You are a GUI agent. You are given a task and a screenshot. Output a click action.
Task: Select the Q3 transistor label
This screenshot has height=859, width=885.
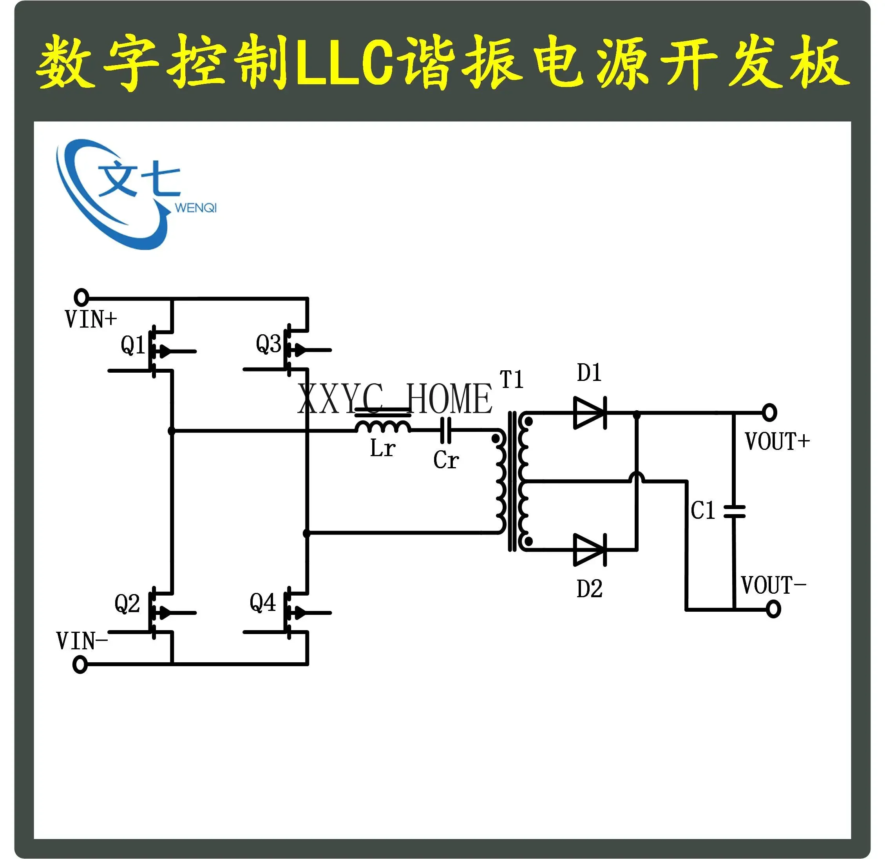click(x=268, y=344)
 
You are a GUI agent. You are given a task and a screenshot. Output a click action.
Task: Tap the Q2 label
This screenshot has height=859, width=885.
click(x=127, y=604)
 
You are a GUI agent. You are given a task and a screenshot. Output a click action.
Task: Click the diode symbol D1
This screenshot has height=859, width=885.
click(x=590, y=413)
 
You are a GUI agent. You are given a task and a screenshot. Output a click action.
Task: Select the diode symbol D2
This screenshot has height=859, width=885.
click(x=590, y=550)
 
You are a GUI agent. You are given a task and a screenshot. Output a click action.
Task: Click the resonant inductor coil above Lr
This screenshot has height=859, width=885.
click(x=383, y=426)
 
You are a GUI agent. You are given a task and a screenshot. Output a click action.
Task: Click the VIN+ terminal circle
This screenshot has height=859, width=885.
click(x=81, y=297)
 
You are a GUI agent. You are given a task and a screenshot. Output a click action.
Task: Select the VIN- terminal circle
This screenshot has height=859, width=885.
click(x=80, y=665)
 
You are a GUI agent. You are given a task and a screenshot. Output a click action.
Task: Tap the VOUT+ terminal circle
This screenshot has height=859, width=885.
click(x=769, y=412)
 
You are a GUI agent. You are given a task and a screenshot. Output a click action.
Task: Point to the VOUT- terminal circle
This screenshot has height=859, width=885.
click(x=773, y=609)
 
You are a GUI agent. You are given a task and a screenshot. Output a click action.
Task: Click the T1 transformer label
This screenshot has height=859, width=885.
click(x=512, y=379)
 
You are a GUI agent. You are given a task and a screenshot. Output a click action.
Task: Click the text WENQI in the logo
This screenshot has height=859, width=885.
click(x=196, y=208)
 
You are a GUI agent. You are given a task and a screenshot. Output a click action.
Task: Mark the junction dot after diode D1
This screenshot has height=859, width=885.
click(x=637, y=413)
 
